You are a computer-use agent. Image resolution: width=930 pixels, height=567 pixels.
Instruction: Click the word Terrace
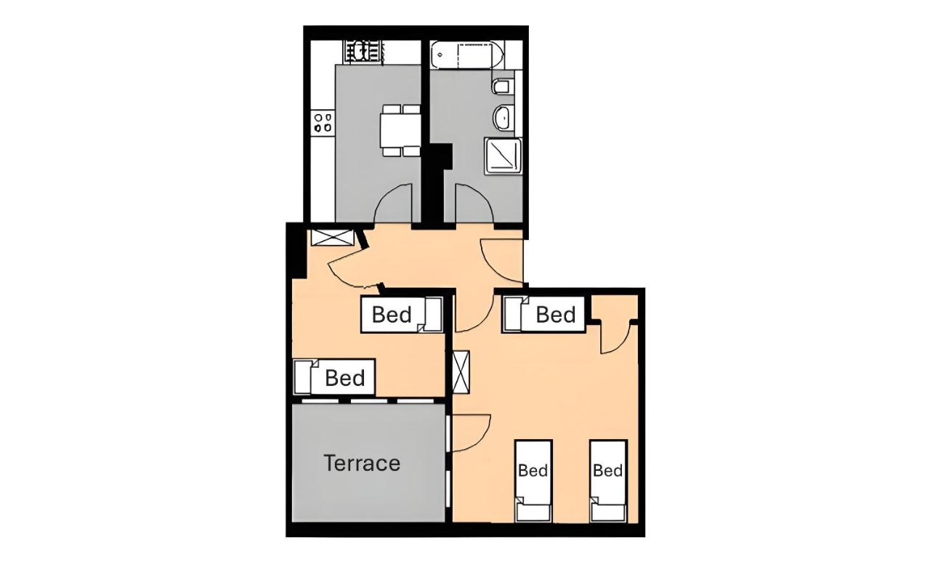click(x=362, y=463)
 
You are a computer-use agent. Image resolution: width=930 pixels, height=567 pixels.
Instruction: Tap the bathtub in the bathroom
click(x=467, y=55)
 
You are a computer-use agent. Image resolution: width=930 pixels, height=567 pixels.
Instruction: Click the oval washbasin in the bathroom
click(x=504, y=118)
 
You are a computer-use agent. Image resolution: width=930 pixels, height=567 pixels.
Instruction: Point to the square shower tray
click(x=503, y=156)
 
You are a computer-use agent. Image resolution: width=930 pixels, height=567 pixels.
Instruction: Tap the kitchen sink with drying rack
click(x=362, y=52)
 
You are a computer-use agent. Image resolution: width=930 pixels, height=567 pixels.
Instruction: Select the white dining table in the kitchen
click(x=400, y=130)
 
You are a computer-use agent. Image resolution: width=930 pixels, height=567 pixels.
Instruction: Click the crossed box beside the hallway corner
click(x=332, y=237)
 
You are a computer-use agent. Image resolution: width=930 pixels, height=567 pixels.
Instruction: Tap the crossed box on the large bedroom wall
click(x=461, y=372)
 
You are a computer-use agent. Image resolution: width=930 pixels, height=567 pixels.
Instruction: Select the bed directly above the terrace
click(x=334, y=377)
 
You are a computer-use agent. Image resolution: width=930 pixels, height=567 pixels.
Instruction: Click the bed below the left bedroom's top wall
click(x=402, y=315)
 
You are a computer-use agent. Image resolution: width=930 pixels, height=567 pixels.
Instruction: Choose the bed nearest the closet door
click(x=544, y=314)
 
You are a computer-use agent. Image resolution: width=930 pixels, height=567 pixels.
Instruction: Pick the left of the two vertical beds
click(x=533, y=480)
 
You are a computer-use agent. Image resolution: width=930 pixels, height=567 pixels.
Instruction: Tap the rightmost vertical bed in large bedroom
click(x=608, y=480)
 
